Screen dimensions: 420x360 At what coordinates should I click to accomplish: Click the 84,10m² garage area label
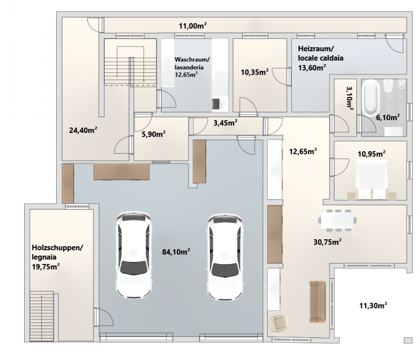pos(176,251)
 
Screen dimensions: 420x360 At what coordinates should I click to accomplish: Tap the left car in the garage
pos(134,256)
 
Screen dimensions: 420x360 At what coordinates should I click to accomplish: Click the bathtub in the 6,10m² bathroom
pos(371,98)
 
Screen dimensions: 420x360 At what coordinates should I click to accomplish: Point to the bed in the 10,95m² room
pos(372,179)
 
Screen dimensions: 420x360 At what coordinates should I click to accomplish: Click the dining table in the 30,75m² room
pos(338,220)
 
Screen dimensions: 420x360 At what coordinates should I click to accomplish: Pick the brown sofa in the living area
pos(317,301)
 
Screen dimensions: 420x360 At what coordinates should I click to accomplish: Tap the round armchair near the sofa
pos(278,323)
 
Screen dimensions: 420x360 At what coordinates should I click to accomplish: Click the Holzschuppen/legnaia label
pos(57,252)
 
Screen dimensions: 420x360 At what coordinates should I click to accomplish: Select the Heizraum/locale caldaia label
pos(321,53)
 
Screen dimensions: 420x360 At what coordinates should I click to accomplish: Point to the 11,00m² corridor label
pos(193,26)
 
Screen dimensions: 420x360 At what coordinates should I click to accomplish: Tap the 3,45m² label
pos(225,123)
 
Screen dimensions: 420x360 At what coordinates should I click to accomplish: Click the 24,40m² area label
pos(83,130)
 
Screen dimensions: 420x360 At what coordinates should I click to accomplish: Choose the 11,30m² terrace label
pos(373,305)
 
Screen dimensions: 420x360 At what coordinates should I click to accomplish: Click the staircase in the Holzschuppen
pos(42,316)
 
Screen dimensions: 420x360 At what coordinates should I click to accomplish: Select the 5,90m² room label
pos(153,134)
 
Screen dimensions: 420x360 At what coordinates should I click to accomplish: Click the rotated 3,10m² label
pos(350,97)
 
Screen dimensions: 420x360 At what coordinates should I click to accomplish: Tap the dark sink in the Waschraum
pos(216,103)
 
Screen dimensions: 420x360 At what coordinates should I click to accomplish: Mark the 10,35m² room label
pos(255,72)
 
